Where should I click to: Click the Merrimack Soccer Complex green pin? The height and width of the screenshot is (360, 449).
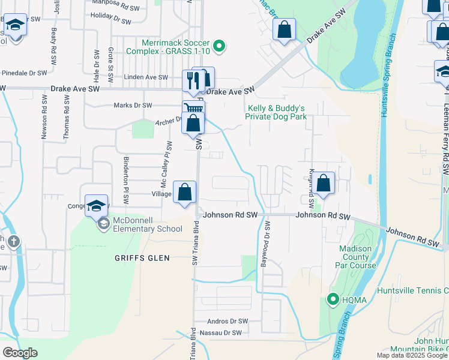pyautogui.click(x=220, y=45)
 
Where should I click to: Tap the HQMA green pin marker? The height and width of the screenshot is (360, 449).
pyautogui.click(x=332, y=298)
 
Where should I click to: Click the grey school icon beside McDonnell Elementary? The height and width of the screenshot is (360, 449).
pyautogui.click(x=103, y=224)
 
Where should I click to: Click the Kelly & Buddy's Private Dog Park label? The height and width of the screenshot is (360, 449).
pyautogui.click(x=276, y=112)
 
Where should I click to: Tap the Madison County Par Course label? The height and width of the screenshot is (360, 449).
pyautogui.click(x=358, y=257)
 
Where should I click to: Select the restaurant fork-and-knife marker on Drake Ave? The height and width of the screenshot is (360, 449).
pyautogui.click(x=193, y=80)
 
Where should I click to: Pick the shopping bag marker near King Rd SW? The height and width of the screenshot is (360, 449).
pyautogui.click(x=324, y=184)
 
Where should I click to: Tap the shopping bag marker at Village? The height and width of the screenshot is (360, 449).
pyautogui.click(x=185, y=192)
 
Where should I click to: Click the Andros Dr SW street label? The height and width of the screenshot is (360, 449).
pyautogui.click(x=227, y=322)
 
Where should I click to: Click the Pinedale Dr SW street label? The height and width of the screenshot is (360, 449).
pyautogui.click(x=23, y=73)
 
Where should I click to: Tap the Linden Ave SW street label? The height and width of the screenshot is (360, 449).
pyautogui.click(x=146, y=77)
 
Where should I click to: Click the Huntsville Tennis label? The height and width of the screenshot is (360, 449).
pyautogui.click(x=413, y=290)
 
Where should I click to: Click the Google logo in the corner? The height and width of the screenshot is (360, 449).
pyautogui.click(x=20, y=353)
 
